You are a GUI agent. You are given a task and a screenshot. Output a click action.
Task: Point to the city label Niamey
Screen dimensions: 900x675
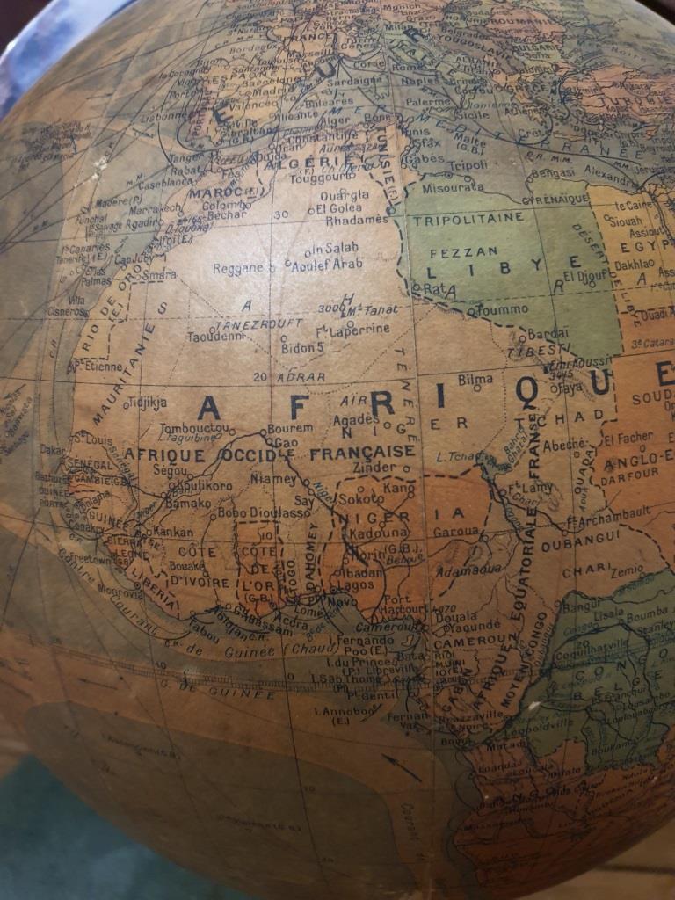[x=274, y=479]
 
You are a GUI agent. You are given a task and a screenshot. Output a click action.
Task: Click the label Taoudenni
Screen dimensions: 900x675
[x=214, y=336]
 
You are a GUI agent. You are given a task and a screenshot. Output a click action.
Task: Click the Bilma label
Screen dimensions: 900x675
[x=475, y=380]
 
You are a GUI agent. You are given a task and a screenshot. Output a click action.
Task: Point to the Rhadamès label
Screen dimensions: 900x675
[x=357, y=220]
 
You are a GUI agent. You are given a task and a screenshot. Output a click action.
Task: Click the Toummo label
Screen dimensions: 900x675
[x=503, y=308]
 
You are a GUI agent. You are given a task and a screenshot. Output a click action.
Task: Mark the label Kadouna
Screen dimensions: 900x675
[x=378, y=533]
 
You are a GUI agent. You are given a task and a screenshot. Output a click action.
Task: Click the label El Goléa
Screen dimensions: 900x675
[x=334, y=209]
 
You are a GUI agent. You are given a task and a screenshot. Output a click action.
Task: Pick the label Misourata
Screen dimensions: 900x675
[x=453, y=186]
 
